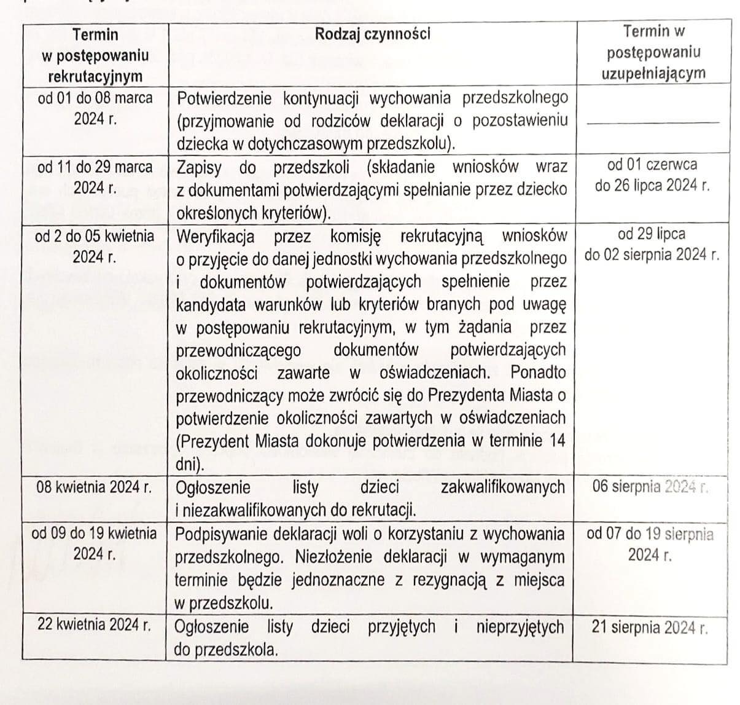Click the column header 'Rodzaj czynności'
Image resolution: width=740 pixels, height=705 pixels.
point(372,33)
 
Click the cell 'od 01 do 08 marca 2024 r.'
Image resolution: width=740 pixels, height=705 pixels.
point(95,108)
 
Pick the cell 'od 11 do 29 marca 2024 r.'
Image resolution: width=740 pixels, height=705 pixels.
point(95,177)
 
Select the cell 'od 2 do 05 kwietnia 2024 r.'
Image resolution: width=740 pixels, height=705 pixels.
point(95,246)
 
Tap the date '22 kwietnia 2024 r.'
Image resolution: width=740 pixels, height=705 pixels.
point(94,626)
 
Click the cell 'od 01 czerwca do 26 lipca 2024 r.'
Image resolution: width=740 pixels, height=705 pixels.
point(652,175)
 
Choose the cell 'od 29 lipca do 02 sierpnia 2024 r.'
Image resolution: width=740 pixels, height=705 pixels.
point(652,244)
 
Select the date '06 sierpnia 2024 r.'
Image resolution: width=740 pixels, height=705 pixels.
point(650,487)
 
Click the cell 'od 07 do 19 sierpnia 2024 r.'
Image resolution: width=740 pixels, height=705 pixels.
point(650,544)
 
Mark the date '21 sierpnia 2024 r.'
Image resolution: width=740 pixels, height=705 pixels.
point(650,628)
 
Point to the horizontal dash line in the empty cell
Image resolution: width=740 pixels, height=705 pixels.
point(652,123)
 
